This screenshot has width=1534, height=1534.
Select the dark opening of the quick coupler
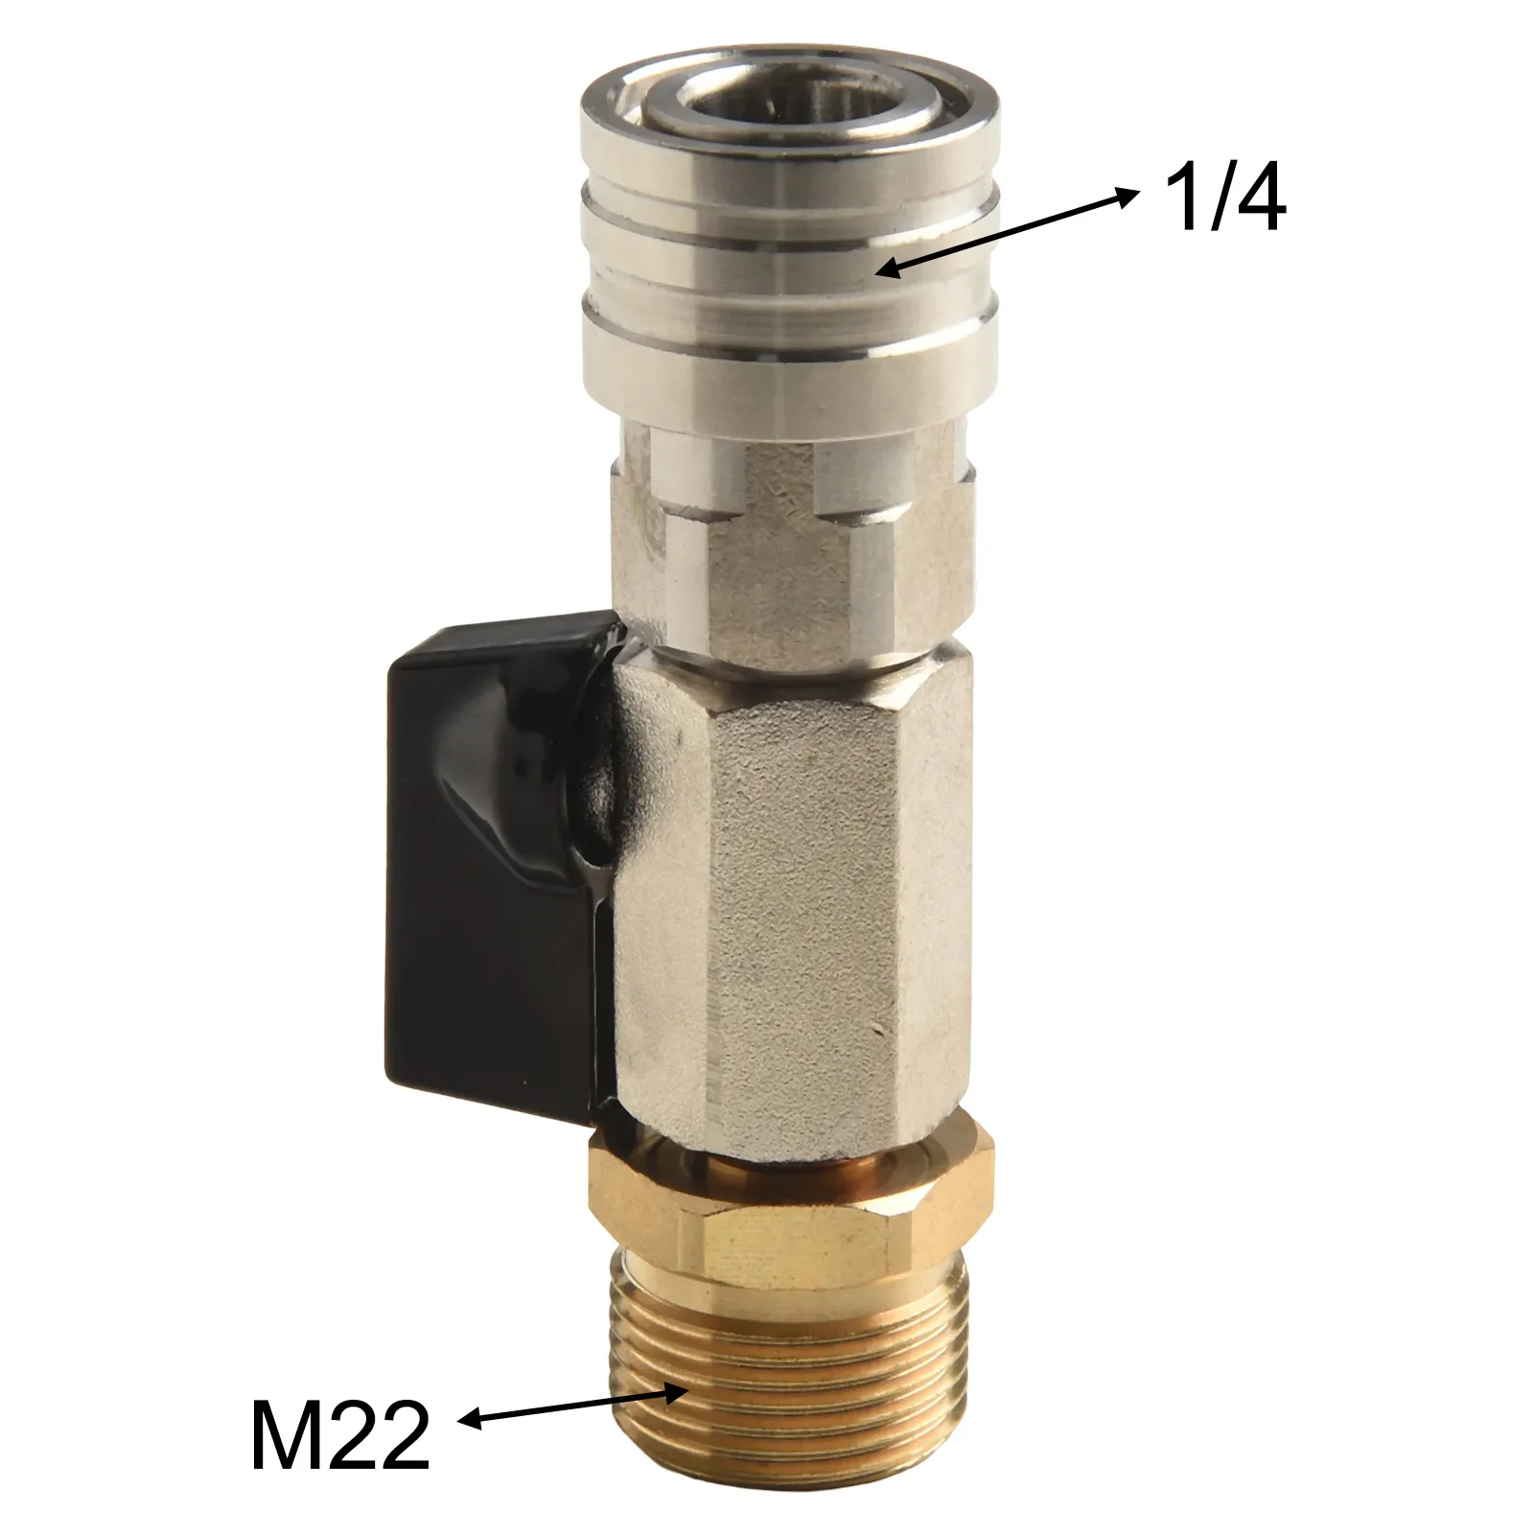click(740, 122)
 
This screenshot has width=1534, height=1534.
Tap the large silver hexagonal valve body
click(796, 892)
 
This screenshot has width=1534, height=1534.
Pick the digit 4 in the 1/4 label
click(1256, 199)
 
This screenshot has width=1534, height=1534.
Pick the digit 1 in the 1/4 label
click(1177, 199)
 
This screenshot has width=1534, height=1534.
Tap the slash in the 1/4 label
click(1212, 199)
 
